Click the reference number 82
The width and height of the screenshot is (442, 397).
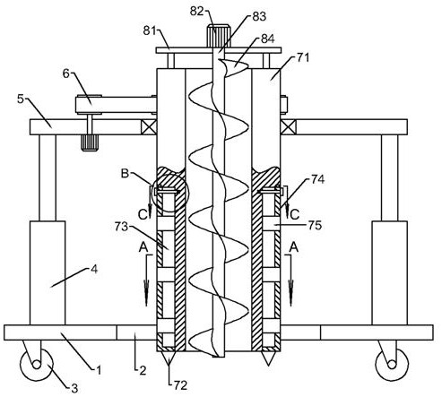197,11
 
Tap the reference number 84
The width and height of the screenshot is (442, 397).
267,39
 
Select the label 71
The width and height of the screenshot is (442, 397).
303,57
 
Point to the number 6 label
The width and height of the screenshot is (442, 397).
65,73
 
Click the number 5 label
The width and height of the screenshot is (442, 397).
21,99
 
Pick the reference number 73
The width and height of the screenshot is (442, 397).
121,227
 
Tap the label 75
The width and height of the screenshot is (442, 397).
315,225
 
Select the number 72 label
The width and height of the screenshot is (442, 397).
180,385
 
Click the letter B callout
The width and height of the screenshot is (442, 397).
125,173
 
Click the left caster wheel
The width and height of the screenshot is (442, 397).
37,364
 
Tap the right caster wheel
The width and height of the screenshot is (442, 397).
392,364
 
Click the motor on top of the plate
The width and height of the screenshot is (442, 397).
219,36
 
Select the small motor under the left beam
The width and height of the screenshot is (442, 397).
90,142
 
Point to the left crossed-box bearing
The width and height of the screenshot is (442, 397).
149,127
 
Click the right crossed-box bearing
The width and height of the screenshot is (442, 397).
289,127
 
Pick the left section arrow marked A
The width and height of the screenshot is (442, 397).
146,280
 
